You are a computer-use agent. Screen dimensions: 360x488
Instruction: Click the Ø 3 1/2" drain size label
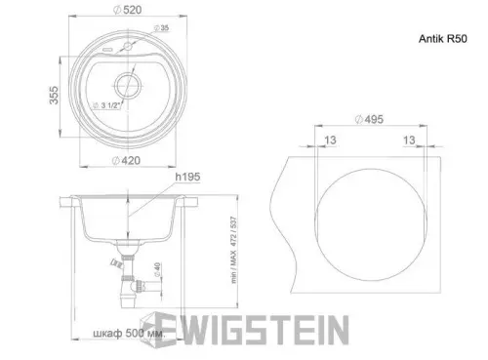105,103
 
